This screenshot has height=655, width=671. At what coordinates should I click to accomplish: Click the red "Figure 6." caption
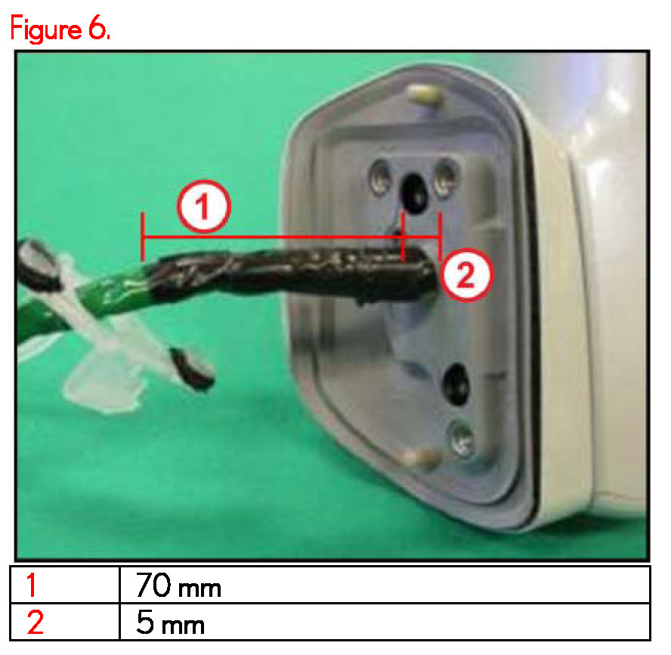click(x=60, y=28)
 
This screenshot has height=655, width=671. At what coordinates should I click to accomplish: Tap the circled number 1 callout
click(x=204, y=207)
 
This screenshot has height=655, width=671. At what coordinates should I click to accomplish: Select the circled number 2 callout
click(x=466, y=274)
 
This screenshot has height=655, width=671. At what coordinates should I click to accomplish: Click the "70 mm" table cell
click(x=178, y=585)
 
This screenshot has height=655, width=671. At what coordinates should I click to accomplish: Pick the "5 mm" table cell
click(x=170, y=623)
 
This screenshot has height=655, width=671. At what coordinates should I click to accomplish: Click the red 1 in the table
click(x=31, y=585)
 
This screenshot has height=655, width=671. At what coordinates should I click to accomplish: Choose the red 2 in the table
click(x=35, y=623)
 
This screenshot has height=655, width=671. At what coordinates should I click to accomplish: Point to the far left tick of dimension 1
click(x=143, y=236)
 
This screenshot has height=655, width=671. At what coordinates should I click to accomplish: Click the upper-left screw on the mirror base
click(x=380, y=177)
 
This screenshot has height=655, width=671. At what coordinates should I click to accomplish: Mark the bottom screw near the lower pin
click(x=461, y=438)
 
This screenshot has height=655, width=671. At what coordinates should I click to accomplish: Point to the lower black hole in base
click(x=456, y=385)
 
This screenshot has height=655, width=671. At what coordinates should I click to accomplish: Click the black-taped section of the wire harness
click(x=295, y=273)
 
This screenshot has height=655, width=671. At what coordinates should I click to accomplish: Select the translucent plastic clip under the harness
click(x=103, y=381)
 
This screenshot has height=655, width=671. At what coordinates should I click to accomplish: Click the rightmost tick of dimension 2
click(x=440, y=236)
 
